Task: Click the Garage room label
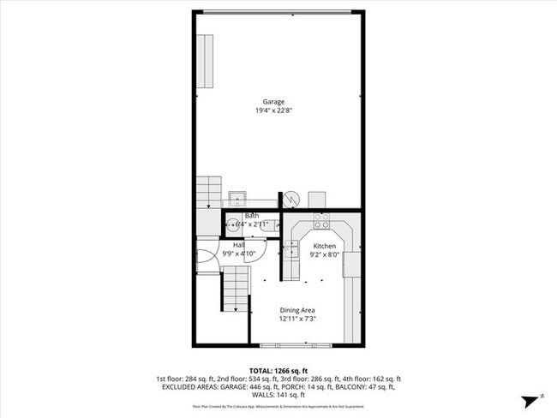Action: click(x=273, y=102)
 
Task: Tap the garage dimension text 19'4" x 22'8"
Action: click(x=273, y=110)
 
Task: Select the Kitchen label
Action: click(x=323, y=246)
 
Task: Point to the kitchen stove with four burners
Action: click(x=322, y=219)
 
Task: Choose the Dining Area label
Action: click(x=297, y=310)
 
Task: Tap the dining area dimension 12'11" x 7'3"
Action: click(x=297, y=319)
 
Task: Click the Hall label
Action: click(x=239, y=246)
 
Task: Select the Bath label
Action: click(x=251, y=216)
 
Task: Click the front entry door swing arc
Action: click(x=207, y=258)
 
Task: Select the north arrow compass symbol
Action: click(x=533, y=399)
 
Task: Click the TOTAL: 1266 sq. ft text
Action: click(x=278, y=370)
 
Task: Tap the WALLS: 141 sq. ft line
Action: click(x=278, y=395)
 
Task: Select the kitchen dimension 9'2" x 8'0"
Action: click(x=323, y=254)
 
